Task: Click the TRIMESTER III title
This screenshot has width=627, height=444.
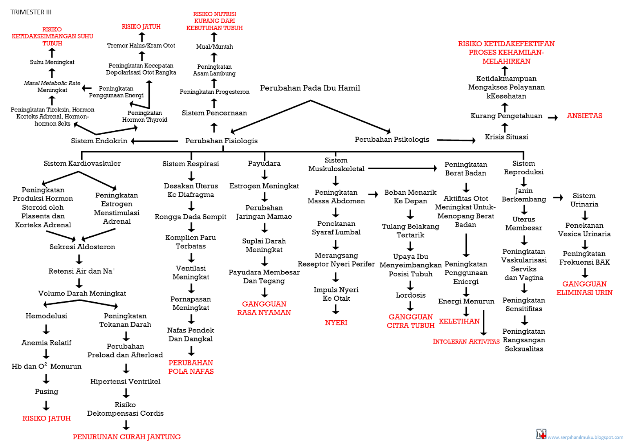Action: pyautogui.click(x=31, y=12)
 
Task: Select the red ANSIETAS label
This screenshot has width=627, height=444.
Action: pyautogui.click(x=584, y=116)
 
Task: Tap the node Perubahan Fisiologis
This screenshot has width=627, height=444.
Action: pyautogui.click(x=221, y=141)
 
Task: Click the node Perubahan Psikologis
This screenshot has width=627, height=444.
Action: pyautogui.click(x=392, y=139)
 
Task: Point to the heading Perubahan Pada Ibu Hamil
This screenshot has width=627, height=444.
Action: pyautogui.click(x=310, y=88)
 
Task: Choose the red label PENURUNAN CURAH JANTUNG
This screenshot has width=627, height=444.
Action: pyautogui.click(x=127, y=437)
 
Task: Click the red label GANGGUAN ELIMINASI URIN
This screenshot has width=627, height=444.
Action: pyautogui.click(x=584, y=288)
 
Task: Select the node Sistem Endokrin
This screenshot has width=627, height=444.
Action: pyautogui.click(x=99, y=141)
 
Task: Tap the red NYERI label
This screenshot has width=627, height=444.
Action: pyautogui.click(x=336, y=323)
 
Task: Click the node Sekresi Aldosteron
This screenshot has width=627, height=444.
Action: pyautogui.click(x=82, y=247)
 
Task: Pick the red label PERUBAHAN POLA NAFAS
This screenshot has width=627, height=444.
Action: pyautogui.click(x=191, y=367)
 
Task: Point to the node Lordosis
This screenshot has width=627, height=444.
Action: pyautogui.click(x=410, y=295)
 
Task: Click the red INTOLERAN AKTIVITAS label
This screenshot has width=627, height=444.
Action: pyautogui.click(x=466, y=342)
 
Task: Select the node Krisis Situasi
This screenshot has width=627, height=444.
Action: pyautogui.click(x=506, y=137)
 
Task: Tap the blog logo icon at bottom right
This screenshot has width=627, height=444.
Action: pyautogui.click(x=541, y=434)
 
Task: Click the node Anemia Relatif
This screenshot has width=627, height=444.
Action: pyautogui.click(x=46, y=343)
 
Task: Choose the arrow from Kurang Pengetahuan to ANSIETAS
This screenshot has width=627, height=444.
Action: pyautogui.click(x=553, y=117)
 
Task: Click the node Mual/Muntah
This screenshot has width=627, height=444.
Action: pyautogui.click(x=214, y=47)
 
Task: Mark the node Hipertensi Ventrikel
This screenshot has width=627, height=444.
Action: pyautogui.click(x=125, y=382)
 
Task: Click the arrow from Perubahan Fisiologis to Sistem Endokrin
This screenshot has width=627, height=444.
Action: pyautogui.click(x=154, y=141)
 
